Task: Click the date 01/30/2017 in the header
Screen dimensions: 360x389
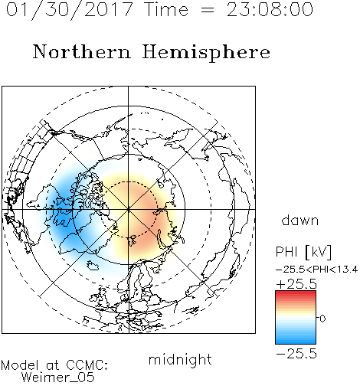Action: pos(69,10)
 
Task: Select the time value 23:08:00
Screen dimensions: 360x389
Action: pos(270,9)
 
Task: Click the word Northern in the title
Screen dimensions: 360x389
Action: pos(82,51)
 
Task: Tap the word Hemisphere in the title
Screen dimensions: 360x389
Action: pos(206,53)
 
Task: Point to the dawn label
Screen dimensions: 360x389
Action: pos(300,221)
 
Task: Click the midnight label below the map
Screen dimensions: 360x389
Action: pos(180,359)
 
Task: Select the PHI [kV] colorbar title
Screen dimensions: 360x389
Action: pos(303,252)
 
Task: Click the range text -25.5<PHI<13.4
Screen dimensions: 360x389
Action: pos(316,270)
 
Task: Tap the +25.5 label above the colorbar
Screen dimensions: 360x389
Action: pos(296,284)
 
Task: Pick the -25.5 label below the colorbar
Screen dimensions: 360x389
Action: pos(296,354)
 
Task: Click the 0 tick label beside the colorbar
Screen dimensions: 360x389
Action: pos(322,319)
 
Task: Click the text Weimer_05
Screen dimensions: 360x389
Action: pos(58,378)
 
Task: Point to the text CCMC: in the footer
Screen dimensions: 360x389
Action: pos(87,365)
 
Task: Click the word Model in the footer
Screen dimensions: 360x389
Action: pos(20,365)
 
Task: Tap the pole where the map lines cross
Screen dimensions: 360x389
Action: pos(129,210)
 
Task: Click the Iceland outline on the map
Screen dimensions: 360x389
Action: pos(93,265)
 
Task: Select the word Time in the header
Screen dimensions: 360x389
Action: pos(166,9)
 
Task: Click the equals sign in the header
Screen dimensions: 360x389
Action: pos(208,11)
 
